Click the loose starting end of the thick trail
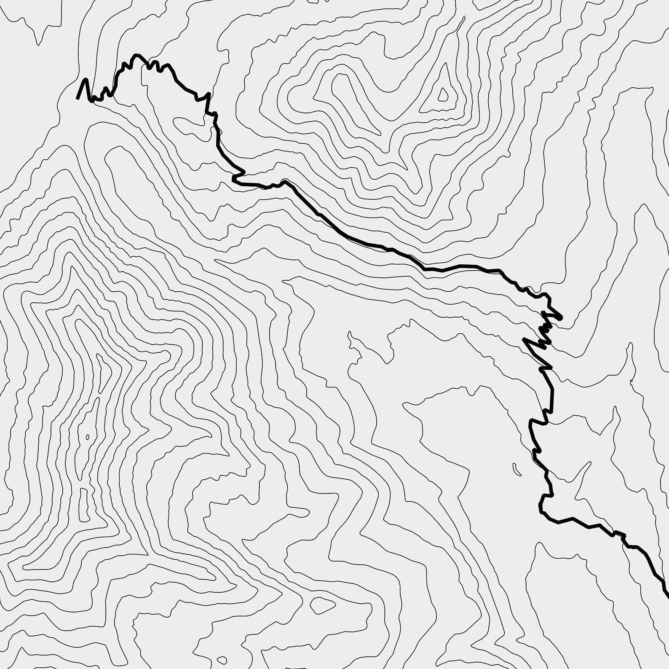point(78,99)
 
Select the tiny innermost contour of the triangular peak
point(443,95)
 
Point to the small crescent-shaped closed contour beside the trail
point(516,468)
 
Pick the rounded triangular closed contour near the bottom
point(322,606)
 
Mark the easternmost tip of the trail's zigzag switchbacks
point(561,317)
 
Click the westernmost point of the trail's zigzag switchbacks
point(523,339)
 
